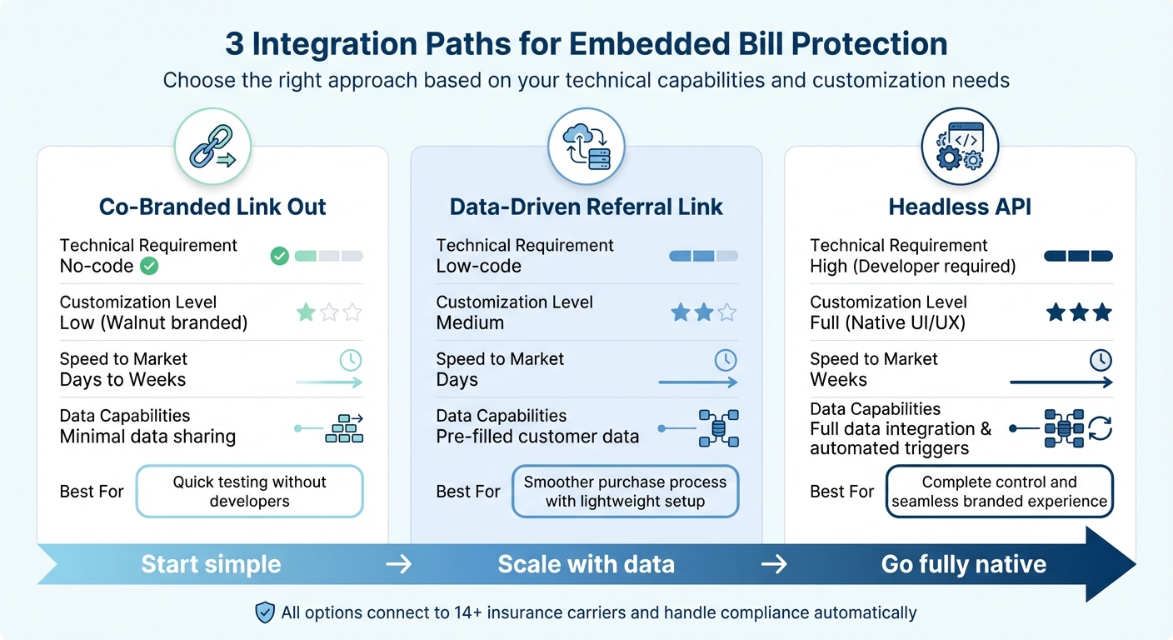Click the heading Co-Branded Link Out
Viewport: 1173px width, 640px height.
(212, 207)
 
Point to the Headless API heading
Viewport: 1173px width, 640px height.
(960, 207)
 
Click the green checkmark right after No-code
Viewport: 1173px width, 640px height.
(149, 267)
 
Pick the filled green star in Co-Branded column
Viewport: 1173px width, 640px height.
(306, 312)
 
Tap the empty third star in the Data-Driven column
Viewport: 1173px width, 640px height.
(727, 312)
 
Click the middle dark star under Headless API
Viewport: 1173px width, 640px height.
(1079, 312)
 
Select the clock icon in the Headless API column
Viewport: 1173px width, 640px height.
(1101, 360)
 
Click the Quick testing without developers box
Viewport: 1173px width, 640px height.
(249, 492)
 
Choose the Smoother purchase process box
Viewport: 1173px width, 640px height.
(625, 492)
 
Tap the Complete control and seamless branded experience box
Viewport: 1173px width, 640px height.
(999, 492)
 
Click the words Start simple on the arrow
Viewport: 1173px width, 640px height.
(211, 564)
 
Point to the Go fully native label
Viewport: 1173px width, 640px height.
(963, 564)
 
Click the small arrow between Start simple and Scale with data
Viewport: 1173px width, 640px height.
(399, 564)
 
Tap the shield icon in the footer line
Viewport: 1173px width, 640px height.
(264, 613)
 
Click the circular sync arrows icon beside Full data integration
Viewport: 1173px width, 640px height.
(1101, 428)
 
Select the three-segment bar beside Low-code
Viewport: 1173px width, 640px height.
(703, 256)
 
